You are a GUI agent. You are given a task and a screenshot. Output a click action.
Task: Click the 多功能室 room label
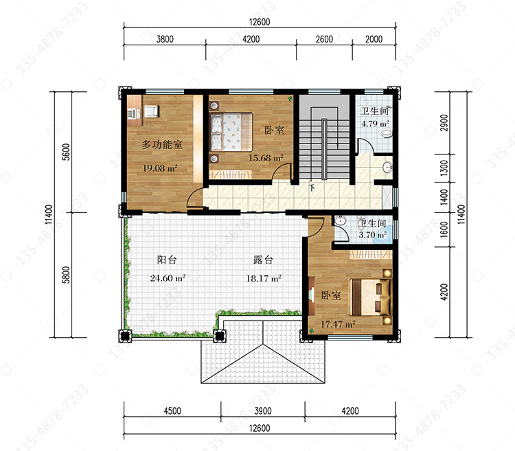(x=162, y=144)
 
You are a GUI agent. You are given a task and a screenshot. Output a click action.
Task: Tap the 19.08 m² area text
(x=160, y=168)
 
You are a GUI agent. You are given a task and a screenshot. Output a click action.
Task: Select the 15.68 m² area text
(x=266, y=158)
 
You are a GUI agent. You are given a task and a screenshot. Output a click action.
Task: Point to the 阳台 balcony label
(x=167, y=260)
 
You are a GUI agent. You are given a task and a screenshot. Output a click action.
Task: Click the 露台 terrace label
(x=263, y=260)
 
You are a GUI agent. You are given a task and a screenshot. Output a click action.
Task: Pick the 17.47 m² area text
(x=338, y=324)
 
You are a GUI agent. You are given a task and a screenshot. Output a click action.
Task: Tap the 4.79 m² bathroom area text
(x=375, y=124)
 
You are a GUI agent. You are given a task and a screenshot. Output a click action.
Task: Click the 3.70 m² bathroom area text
(x=372, y=235)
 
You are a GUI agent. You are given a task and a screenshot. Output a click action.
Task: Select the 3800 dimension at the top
(x=165, y=39)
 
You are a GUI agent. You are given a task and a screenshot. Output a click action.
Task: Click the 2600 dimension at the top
(x=324, y=39)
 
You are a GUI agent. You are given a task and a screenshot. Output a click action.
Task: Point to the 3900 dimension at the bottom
(x=263, y=411)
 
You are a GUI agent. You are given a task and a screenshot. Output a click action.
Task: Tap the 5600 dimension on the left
(x=66, y=152)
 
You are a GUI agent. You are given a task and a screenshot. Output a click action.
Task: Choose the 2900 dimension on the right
(x=444, y=123)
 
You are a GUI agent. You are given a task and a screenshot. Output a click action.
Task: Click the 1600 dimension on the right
(x=444, y=229)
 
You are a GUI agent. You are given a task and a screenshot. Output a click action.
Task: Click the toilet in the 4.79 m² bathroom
(x=386, y=134)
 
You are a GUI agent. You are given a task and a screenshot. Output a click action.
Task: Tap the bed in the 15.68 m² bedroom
(x=231, y=132)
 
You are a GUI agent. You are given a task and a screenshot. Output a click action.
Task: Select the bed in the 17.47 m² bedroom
(x=370, y=297)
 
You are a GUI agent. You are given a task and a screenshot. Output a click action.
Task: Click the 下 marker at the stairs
(x=312, y=188)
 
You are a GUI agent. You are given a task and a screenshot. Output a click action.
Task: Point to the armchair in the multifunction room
(x=151, y=111)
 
